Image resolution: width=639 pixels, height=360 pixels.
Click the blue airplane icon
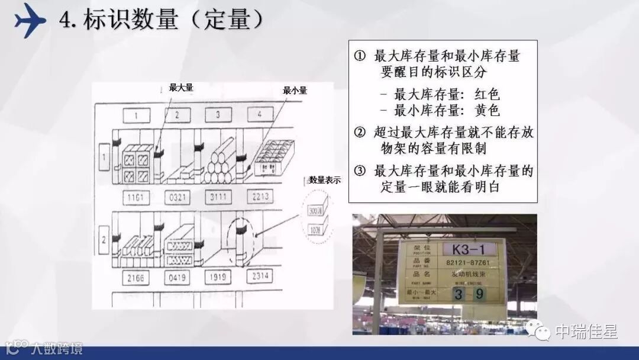pyautogui.click(x=30, y=20)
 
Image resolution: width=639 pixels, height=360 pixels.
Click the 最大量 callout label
pyautogui.click(x=181, y=88)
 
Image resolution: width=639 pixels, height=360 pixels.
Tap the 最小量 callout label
pyautogui.click(x=295, y=91)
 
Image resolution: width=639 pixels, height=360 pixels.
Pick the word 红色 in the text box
pyautogui.click(x=488, y=94)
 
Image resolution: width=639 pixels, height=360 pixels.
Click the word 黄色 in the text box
pyautogui.click(x=488, y=110)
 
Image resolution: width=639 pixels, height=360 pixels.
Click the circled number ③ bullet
pyautogui.click(x=360, y=172)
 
